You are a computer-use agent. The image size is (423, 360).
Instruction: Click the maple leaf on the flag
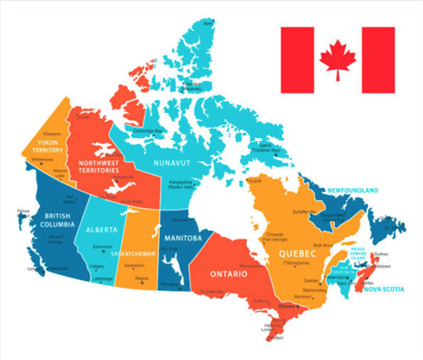point(338,60)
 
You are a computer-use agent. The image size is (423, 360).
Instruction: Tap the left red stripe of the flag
point(297,60)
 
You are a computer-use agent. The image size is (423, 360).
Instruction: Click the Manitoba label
point(183,238)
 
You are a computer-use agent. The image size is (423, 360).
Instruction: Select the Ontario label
point(229,275)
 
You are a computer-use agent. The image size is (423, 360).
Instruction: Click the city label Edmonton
point(103,247)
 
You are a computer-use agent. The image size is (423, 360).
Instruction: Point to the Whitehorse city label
point(41,160)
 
